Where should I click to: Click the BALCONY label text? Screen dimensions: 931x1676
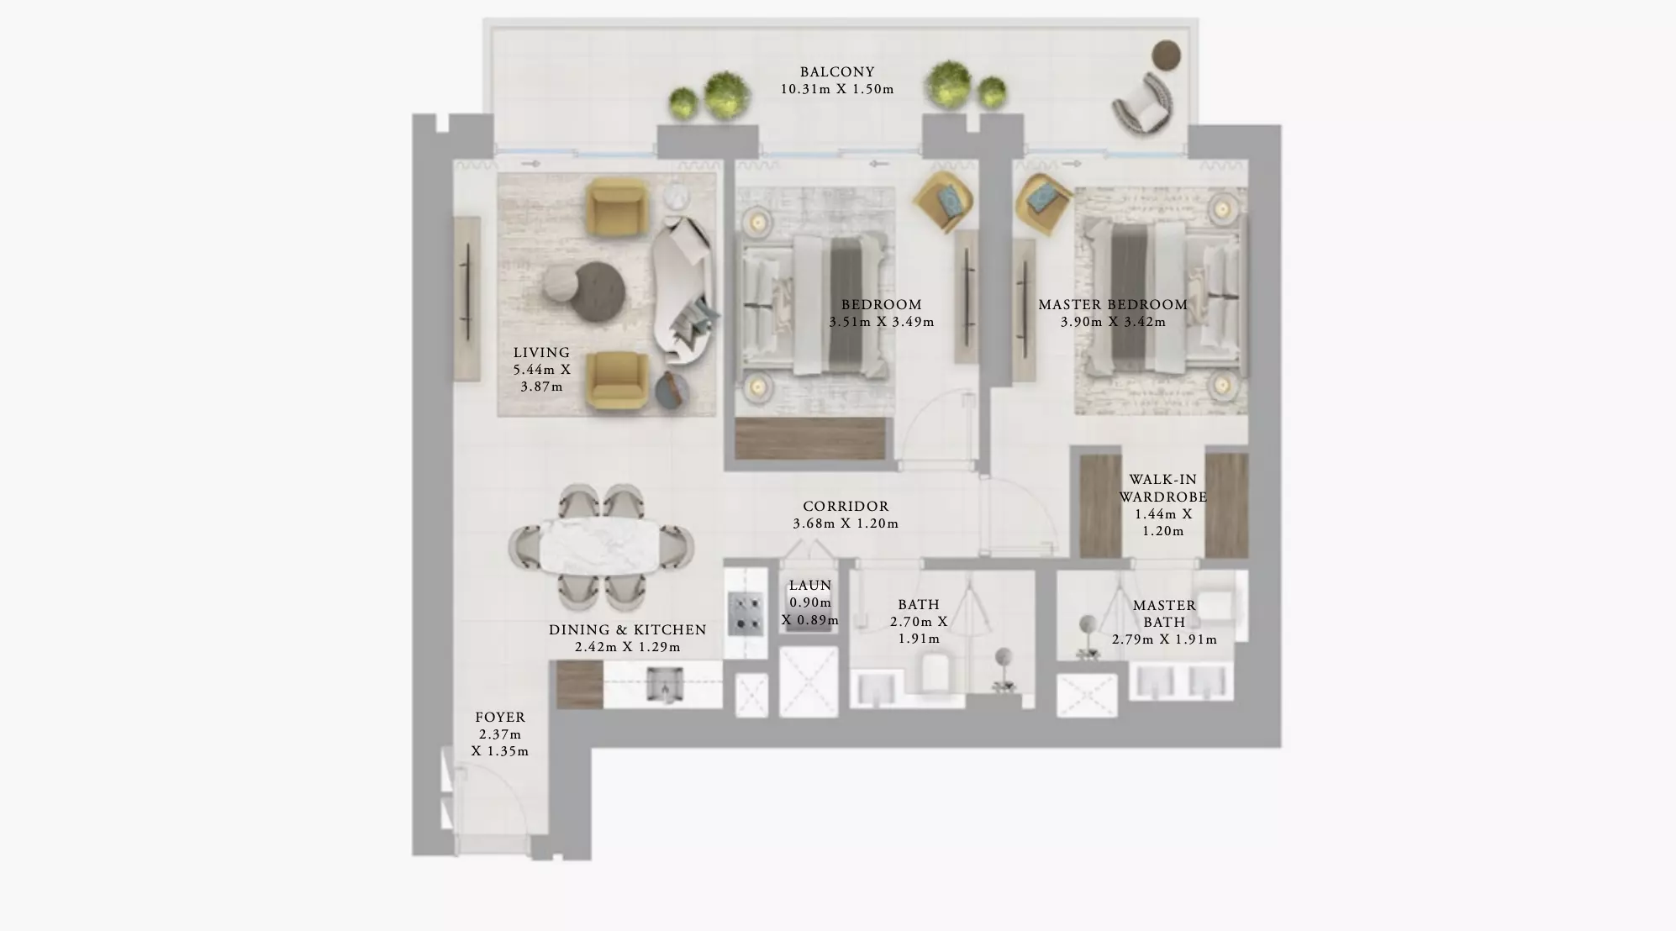[x=837, y=72]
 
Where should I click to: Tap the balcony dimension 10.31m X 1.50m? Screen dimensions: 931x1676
[x=837, y=89]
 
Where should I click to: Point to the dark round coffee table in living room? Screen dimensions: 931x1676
[x=598, y=291]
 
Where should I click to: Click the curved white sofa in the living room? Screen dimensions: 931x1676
[x=683, y=289]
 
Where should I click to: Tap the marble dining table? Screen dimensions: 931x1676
[x=600, y=546]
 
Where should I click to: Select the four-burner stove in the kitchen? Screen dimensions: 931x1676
[x=746, y=612]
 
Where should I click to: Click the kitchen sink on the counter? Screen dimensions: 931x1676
[x=666, y=684]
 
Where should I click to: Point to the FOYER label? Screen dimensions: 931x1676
[x=500, y=718]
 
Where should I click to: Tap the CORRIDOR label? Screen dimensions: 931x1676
[x=846, y=507]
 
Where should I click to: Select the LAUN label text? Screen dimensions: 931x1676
[x=810, y=586]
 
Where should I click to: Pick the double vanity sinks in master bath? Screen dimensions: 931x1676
[x=1181, y=681]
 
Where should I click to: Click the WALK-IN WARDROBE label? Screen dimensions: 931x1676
[x=1163, y=488]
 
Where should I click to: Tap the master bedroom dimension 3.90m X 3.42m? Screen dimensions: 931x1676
[x=1113, y=322]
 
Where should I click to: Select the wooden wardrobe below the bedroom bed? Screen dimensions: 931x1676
[x=810, y=439]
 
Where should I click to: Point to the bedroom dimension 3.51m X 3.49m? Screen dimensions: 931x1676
[x=882, y=322]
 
